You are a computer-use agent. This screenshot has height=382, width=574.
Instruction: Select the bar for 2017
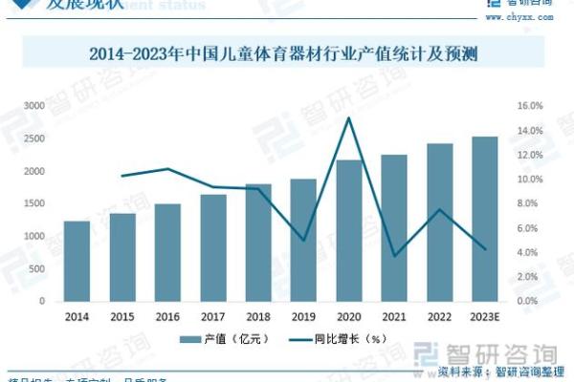(213, 247)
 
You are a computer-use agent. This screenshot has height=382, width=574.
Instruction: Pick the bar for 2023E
(484, 219)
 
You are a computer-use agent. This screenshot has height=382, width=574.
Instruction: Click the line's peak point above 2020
(349, 118)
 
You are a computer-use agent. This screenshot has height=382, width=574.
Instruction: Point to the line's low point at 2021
(394, 256)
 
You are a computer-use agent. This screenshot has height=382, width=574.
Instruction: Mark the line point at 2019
(304, 240)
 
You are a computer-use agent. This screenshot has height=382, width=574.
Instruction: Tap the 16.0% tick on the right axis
(531, 106)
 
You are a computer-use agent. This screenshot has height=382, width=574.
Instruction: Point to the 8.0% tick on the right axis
(533, 203)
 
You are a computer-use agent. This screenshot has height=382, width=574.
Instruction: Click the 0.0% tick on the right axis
(533, 301)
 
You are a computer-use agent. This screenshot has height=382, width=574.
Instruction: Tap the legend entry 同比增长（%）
(348, 338)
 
